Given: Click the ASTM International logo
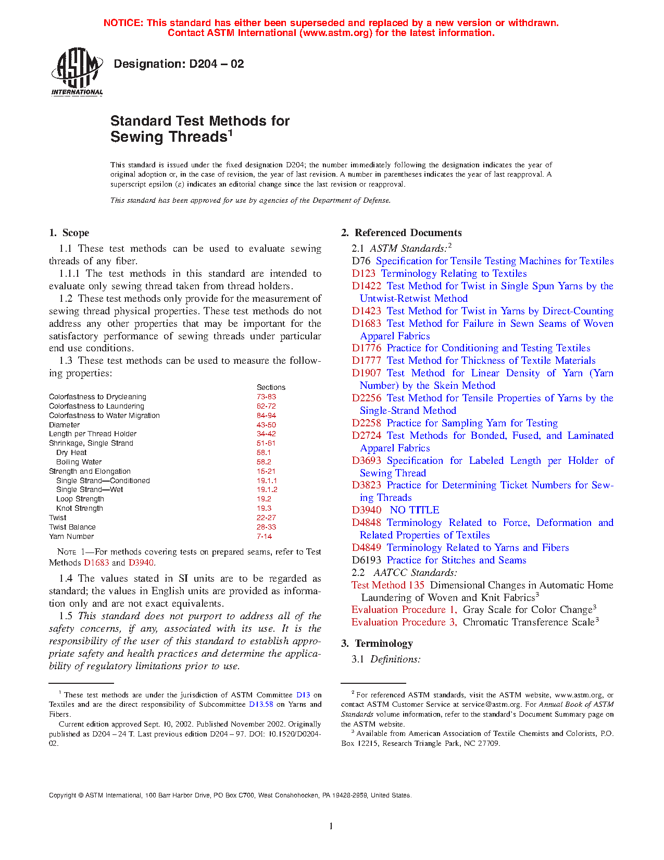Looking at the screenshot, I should (x=77, y=71).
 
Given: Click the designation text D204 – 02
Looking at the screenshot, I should (x=179, y=64).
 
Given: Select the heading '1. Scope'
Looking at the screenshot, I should (x=69, y=233).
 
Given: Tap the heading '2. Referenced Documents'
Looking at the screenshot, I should (x=402, y=233).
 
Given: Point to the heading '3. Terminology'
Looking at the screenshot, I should (x=377, y=644).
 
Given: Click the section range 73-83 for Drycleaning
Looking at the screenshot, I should (x=266, y=397).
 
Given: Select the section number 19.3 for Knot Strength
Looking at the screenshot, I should (x=264, y=509).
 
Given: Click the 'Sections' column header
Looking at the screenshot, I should (x=271, y=388).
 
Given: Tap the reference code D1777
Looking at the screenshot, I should (x=366, y=361).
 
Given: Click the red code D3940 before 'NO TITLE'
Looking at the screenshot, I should (x=366, y=510).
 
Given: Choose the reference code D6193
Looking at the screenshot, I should (x=366, y=560).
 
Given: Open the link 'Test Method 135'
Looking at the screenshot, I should (x=388, y=585).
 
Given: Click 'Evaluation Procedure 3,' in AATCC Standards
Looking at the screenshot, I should (x=404, y=622).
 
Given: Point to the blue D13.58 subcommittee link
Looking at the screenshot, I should (x=261, y=705).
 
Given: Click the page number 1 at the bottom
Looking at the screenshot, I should (x=331, y=826).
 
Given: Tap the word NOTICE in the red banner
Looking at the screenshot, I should (x=123, y=23).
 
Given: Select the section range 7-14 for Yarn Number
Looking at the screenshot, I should (x=264, y=537).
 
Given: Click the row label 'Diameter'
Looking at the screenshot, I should (x=65, y=425).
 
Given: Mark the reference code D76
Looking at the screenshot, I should (x=361, y=261).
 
